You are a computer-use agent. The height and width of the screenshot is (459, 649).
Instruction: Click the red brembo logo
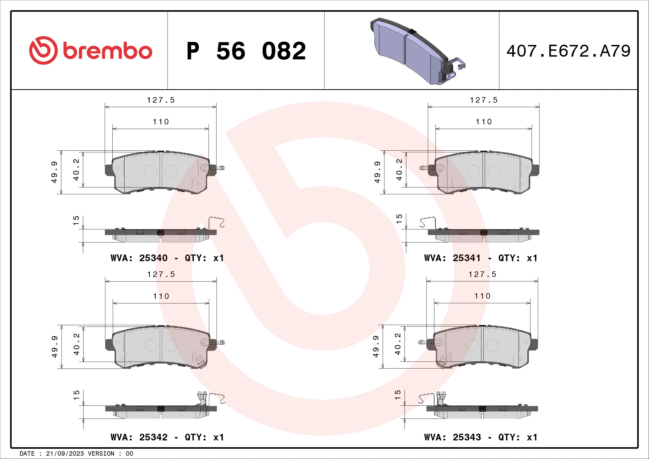[90, 51]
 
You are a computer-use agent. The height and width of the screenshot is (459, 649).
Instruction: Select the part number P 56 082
[246, 51]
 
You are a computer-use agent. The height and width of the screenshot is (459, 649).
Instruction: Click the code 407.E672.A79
[568, 51]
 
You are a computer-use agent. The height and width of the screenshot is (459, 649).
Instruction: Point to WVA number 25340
[153, 258]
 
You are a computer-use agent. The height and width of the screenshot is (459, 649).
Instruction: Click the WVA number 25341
[466, 258]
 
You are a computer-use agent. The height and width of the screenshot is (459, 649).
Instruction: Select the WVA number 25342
[153, 437]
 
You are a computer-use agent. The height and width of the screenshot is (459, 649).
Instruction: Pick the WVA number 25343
[466, 437]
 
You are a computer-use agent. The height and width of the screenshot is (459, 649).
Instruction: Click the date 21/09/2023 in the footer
[65, 454]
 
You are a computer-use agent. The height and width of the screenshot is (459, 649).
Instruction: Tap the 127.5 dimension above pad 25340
[161, 100]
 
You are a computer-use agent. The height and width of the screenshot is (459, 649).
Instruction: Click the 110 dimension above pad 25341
[484, 122]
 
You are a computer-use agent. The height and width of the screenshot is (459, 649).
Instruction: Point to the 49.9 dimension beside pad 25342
[55, 347]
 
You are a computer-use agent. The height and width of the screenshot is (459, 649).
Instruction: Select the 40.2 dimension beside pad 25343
[398, 344]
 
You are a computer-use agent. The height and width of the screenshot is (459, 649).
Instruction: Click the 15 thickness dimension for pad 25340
[76, 220]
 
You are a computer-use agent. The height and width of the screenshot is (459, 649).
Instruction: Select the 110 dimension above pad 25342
[161, 296]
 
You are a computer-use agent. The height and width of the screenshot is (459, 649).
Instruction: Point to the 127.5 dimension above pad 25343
[482, 274]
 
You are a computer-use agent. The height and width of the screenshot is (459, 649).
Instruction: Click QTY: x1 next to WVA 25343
[517, 437]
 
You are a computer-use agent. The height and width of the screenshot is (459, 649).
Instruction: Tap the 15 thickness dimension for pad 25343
[397, 395]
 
